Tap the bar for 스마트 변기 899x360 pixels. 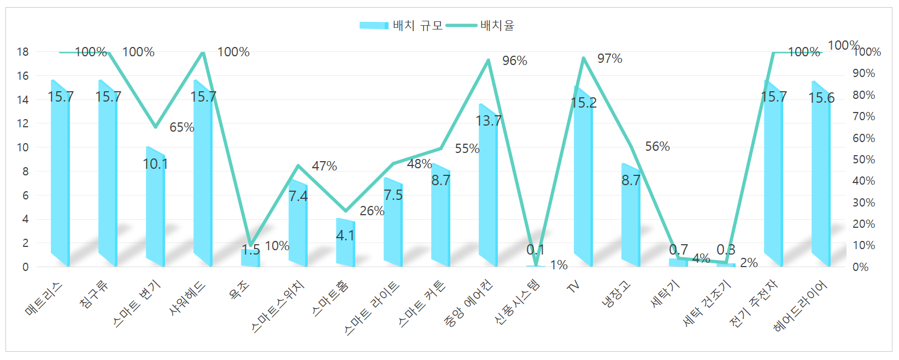[155, 208]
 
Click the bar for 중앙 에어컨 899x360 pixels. [488, 186]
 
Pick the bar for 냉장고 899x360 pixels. [631, 216]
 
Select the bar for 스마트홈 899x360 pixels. [345, 243]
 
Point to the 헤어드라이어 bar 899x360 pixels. [821, 175]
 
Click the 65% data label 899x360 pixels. [181, 127]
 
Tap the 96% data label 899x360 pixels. [515, 61]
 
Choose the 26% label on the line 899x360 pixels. [372, 211]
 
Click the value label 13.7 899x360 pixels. [488, 121]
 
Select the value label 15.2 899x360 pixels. [583, 103]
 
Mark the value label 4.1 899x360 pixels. [345, 235]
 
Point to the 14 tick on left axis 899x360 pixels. [22, 99]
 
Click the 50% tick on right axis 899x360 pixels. [863, 160]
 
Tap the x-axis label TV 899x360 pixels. [573, 286]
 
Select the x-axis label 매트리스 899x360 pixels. [44, 299]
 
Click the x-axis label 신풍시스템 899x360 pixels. [517, 302]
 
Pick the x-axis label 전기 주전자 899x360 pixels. [754, 303]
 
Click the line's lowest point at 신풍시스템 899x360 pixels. [536, 265]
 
